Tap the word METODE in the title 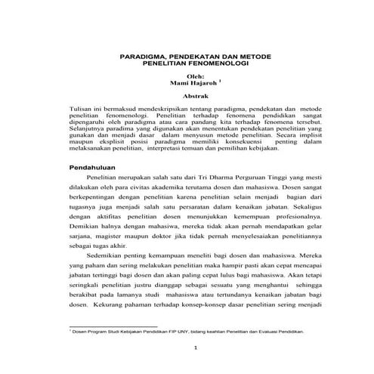(x=258, y=57)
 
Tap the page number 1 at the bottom (x=195, y=348)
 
